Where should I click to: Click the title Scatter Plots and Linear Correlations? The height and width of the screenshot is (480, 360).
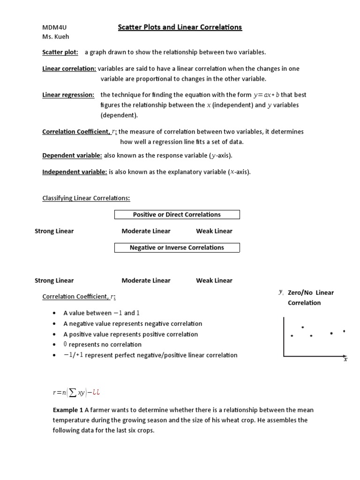[x=180, y=27]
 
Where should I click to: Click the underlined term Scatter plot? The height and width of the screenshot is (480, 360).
[x=60, y=52]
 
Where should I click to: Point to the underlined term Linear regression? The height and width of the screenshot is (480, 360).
[x=68, y=95]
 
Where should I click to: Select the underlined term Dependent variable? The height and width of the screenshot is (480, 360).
[x=72, y=155]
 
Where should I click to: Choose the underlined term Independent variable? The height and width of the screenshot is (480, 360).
[x=75, y=172]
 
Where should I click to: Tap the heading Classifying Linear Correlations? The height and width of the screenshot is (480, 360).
[x=86, y=198]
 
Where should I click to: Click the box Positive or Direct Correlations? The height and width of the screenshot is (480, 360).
[x=177, y=215]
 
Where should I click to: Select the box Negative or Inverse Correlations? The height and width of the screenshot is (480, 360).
[x=177, y=247]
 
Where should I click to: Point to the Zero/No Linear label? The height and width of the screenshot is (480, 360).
[x=310, y=292]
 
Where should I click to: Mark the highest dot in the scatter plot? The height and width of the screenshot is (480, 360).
[x=303, y=327]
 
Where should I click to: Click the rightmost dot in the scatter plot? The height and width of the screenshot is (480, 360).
[x=344, y=331]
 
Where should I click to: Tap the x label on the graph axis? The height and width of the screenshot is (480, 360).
[x=345, y=360]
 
